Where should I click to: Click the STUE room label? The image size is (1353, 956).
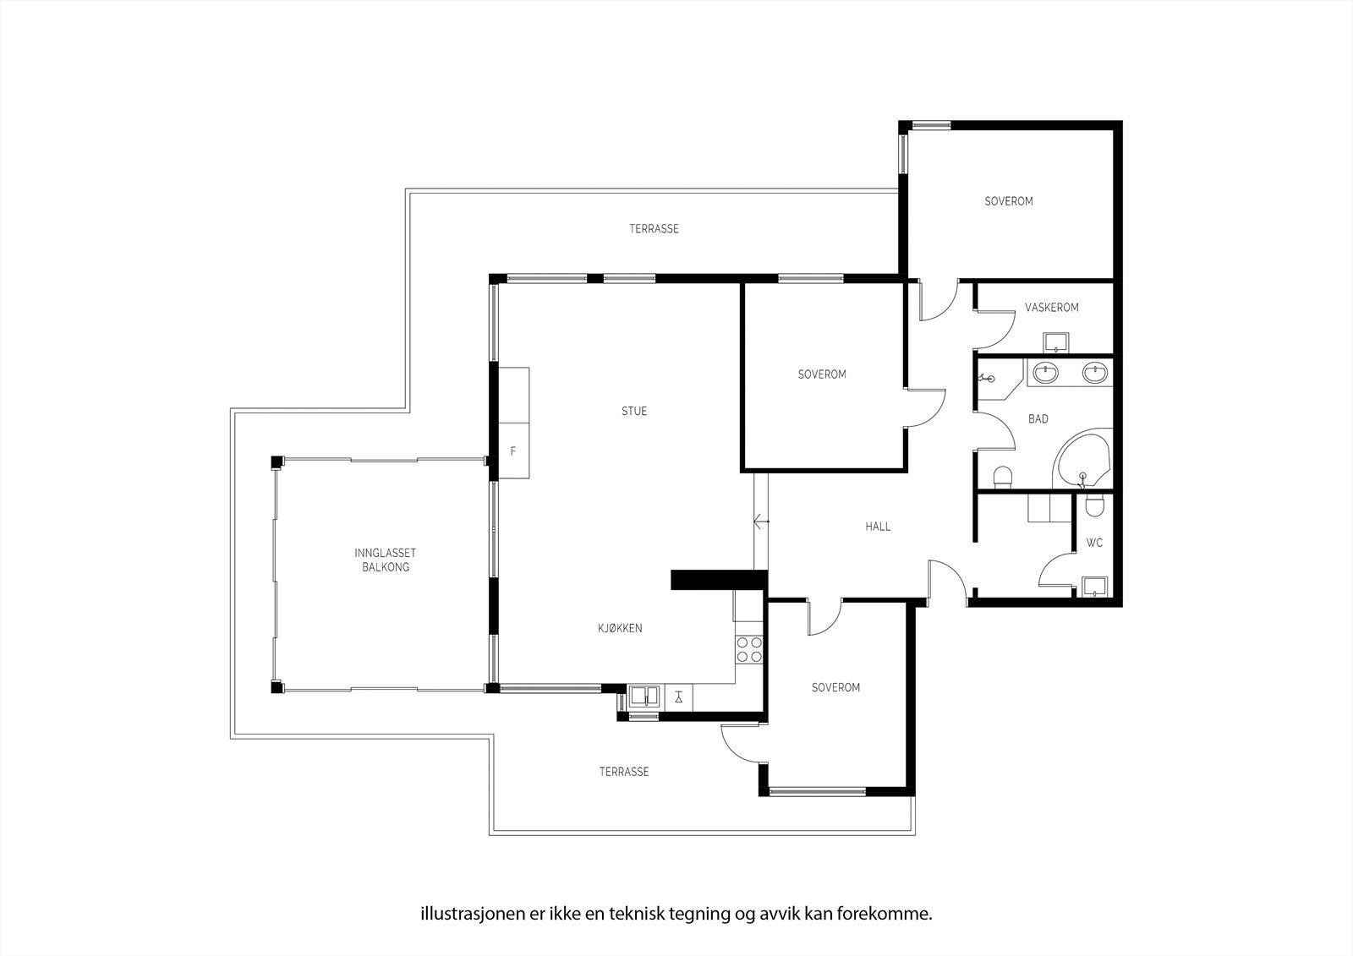click(634, 412)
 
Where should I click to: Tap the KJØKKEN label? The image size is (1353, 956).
click(620, 628)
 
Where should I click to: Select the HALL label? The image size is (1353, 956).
click(878, 527)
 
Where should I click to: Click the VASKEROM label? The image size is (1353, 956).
click(1051, 308)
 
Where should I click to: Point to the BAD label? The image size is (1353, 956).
click(1038, 419)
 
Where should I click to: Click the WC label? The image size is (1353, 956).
click(1094, 543)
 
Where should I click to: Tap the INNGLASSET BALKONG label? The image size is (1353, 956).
click(386, 560)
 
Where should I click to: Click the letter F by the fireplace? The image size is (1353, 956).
click(512, 451)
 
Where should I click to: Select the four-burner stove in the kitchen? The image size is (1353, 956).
click(749, 649)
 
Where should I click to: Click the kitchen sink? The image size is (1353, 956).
click(644, 697)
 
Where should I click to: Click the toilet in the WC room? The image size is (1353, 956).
click(1094, 505)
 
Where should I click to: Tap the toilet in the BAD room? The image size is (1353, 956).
click(1003, 478)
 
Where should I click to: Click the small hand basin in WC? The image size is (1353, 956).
click(1095, 586)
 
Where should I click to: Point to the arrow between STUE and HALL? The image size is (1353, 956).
click(761, 522)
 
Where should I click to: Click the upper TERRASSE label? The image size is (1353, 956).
click(654, 229)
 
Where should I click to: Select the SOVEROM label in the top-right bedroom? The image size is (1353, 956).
click(1008, 202)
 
